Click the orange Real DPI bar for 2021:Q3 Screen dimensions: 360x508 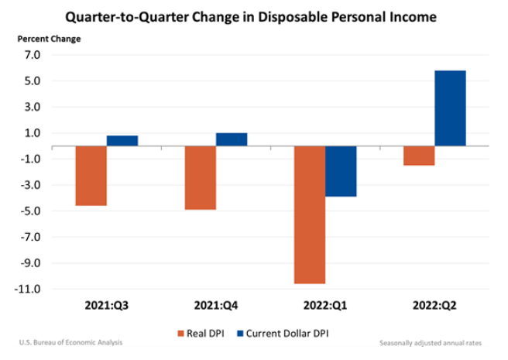click(x=91, y=176)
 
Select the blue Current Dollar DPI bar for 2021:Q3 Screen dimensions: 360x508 click(x=122, y=141)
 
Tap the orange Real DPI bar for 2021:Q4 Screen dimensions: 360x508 click(x=200, y=177)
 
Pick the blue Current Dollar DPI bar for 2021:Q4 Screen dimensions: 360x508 click(x=232, y=139)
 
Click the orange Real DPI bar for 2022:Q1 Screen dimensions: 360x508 click(x=309, y=214)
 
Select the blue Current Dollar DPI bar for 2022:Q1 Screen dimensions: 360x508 click(x=341, y=171)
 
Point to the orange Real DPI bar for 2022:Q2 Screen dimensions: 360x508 click(x=418, y=156)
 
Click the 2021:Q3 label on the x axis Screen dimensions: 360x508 click(x=106, y=306)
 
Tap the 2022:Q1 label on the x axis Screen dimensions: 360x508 click(x=324, y=306)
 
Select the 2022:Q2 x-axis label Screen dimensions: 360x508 click(x=434, y=306)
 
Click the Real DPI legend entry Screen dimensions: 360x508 click(x=201, y=334)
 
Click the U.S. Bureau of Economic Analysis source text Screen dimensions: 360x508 click(x=70, y=342)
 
